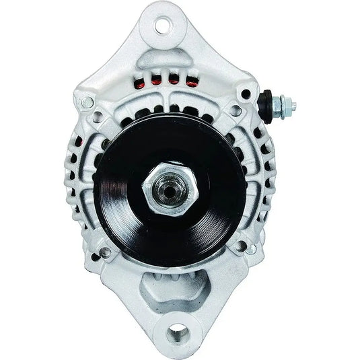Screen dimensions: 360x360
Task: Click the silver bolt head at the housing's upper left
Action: [86, 102]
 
